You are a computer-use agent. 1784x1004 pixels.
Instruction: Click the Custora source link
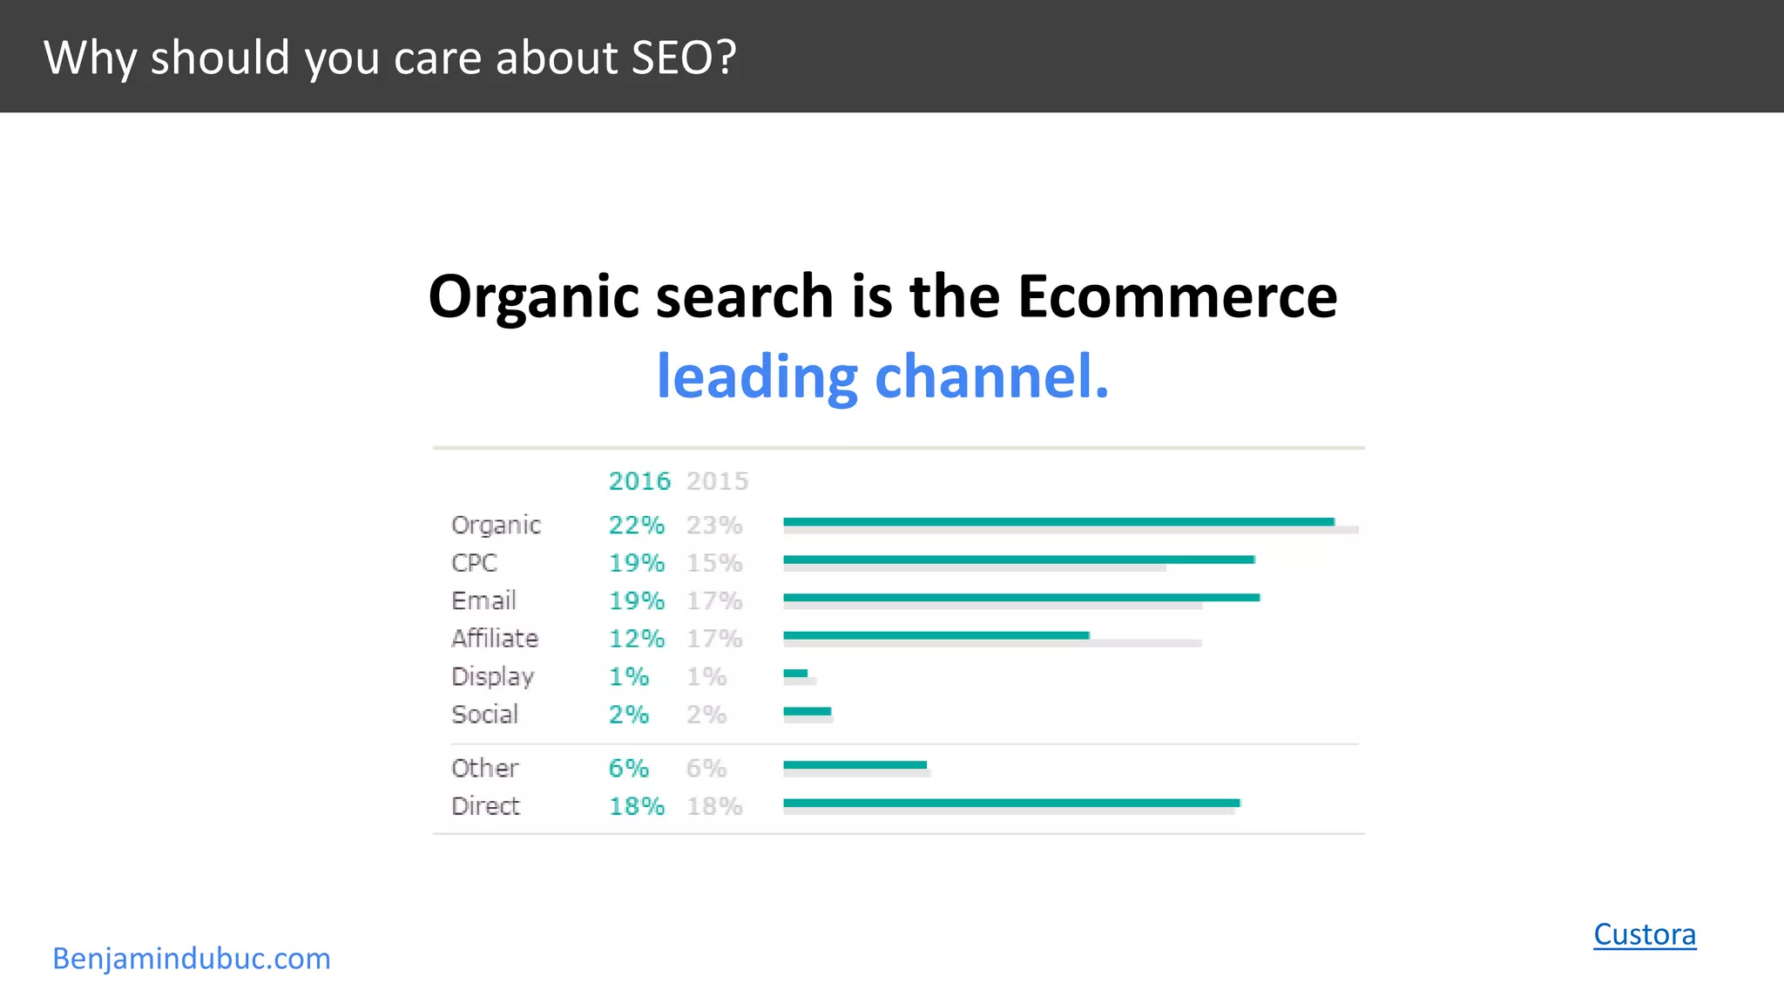[1645, 934]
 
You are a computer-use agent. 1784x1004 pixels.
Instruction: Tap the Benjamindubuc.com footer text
[192, 959]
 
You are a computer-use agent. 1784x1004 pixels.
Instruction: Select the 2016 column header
[639, 481]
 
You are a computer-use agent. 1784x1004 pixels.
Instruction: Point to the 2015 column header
[717, 481]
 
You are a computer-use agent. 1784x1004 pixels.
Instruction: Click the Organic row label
[496, 526]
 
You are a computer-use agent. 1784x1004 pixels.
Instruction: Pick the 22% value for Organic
[636, 526]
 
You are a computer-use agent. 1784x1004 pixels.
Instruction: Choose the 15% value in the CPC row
[714, 563]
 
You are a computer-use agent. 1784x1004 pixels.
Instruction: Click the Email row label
[483, 600]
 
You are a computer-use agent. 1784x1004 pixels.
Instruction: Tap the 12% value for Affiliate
[636, 639]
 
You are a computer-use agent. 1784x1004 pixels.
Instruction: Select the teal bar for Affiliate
[936, 635]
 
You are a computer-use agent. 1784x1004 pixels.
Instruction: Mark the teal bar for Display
[795, 673]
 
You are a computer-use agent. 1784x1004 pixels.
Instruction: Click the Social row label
[484, 715]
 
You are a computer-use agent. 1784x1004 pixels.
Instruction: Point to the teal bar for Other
[855, 765]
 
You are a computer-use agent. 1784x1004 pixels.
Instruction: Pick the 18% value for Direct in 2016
[636, 806]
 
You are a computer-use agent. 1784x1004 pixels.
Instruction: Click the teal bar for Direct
[1011, 803]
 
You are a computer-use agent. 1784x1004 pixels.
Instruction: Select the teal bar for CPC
[1018, 560]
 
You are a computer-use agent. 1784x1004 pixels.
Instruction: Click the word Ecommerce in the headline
[1177, 296]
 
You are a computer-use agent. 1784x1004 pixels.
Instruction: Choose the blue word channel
[991, 376]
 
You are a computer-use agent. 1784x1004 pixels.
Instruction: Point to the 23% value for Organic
[714, 526]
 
